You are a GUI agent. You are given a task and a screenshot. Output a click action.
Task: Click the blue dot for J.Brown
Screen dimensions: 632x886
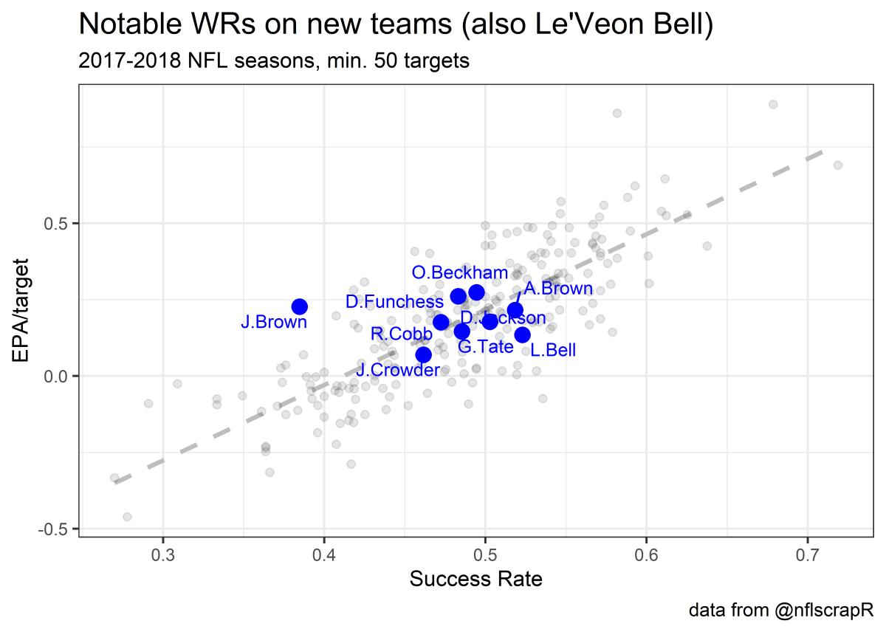pyautogui.click(x=299, y=306)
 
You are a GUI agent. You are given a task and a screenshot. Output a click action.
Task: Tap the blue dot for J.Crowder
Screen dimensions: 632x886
pyautogui.click(x=423, y=354)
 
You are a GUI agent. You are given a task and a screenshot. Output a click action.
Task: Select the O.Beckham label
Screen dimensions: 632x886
pyautogui.click(x=460, y=272)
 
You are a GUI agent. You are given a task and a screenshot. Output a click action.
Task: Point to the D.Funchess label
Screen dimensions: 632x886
pyautogui.click(x=394, y=302)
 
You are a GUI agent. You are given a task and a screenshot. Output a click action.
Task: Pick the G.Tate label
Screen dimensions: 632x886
pyautogui.click(x=485, y=346)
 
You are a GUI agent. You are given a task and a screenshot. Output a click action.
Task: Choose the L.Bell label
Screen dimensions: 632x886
pyautogui.click(x=553, y=350)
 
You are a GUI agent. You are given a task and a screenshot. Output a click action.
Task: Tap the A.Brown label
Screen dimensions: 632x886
pyautogui.click(x=558, y=288)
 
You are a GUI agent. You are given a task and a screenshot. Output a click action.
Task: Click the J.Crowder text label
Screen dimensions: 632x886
pyautogui.click(x=398, y=370)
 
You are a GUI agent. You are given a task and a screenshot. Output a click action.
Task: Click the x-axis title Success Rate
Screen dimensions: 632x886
pyautogui.click(x=475, y=579)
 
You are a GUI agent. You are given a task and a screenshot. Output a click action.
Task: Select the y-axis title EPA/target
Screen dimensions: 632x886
pyautogui.click(x=27, y=309)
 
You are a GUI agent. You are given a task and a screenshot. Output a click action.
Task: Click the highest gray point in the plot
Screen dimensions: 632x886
pyautogui.click(x=773, y=104)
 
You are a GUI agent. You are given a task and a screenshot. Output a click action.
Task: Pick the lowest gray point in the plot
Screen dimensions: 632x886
pyautogui.click(x=127, y=516)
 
